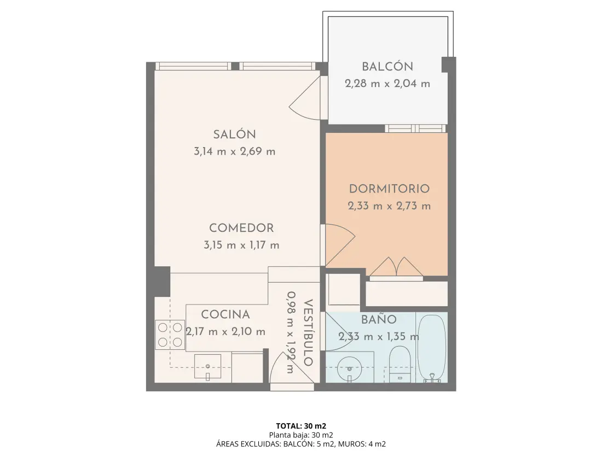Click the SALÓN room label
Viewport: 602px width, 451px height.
pyautogui.click(x=235, y=134)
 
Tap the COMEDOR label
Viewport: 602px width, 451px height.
pyautogui.click(x=241, y=228)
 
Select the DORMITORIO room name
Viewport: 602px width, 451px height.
pyautogui.click(x=389, y=189)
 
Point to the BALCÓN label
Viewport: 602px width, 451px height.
pyautogui.click(x=387, y=67)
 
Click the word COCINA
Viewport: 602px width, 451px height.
pyautogui.click(x=225, y=314)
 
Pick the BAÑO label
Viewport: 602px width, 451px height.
pyautogui.click(x=379, y=319)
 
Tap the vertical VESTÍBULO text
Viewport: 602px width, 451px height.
pyautogui.click(x=308, y=332)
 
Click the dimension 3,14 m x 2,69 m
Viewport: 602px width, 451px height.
pyautogui.click(x=235, y=151)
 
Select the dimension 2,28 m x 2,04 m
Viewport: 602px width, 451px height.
pyautogui.click(x=387, y=84)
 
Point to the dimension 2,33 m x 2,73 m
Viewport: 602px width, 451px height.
pyautogui.click(x=389, y=206)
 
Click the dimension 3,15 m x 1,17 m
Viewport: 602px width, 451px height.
pyautogui.click(x=241, y=245)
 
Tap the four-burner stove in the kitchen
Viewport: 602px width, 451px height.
pyautogui.click(x=170, y=335)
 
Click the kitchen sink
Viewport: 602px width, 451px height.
pyautogui.click(x=208, y=367)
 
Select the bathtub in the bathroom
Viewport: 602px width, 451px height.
pyautogui.click(x=432, y=349)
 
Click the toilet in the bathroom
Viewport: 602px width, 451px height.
pyautogui.click(x=400, y=364)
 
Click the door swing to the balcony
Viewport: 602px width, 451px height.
pyautogui.click(x=305, y=98)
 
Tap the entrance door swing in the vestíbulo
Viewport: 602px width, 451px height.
pyautogui.click(x=292, y=368)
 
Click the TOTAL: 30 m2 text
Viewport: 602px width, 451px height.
pyautogui.click(x=301, y=426)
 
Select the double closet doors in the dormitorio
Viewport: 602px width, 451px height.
pyautogui.click(x=396, y=266)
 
